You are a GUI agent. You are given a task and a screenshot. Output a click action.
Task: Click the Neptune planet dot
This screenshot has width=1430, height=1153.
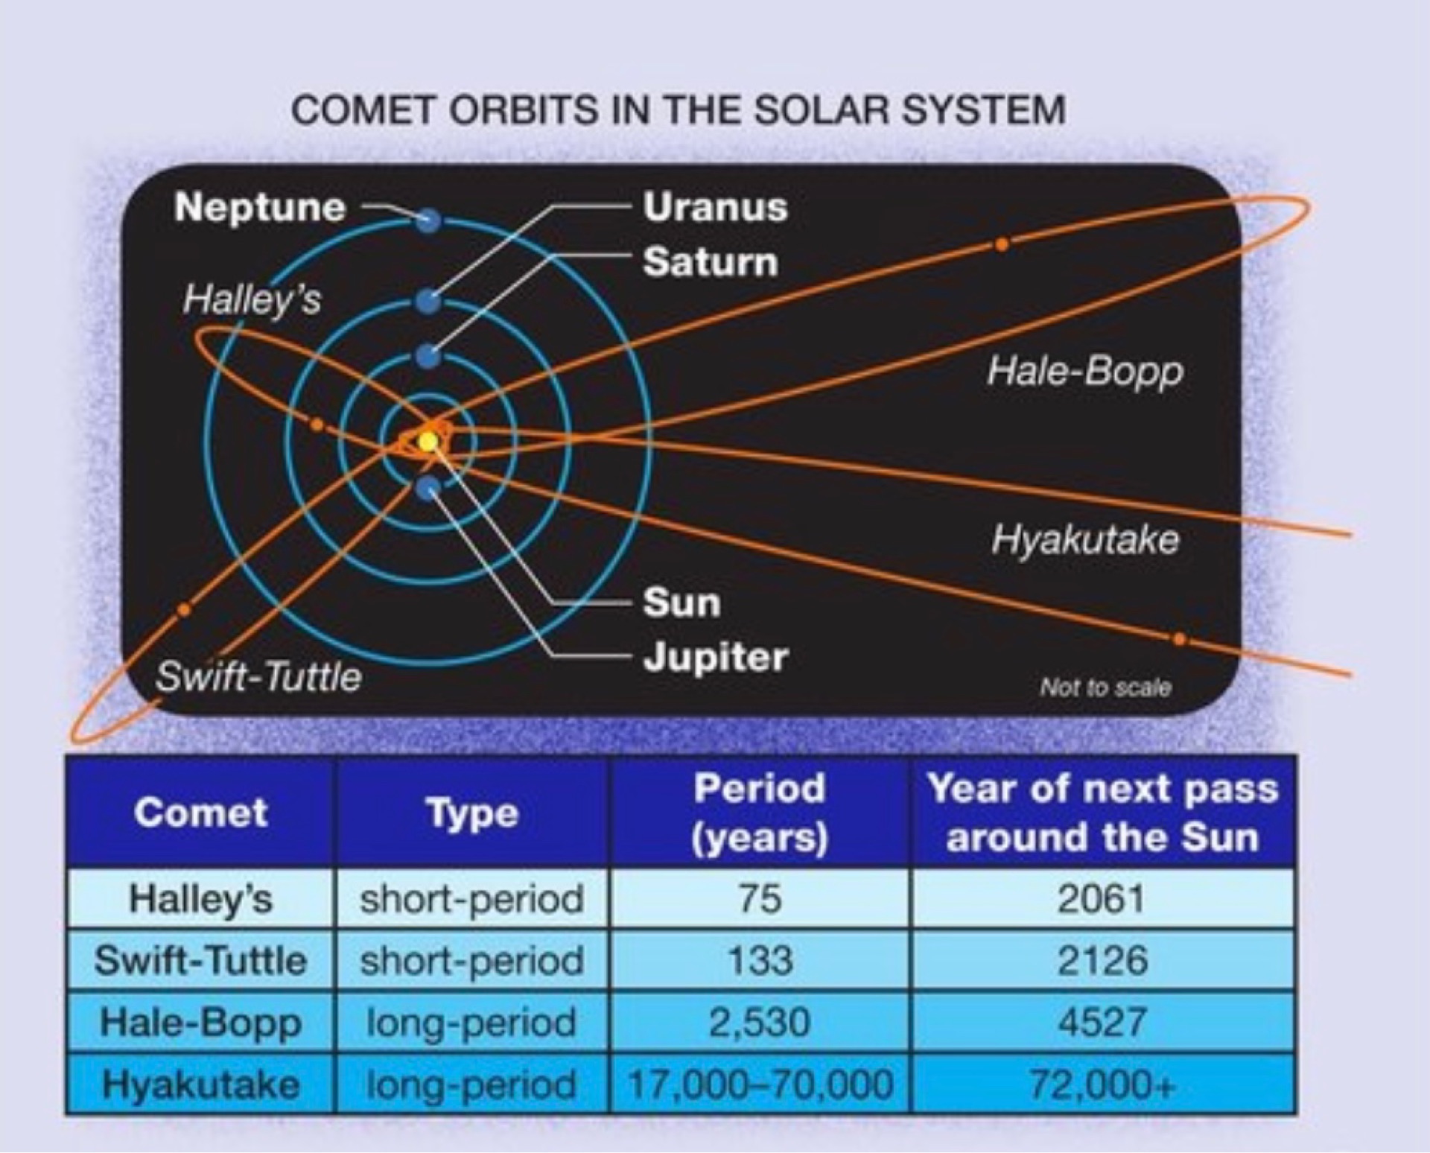point(429,220)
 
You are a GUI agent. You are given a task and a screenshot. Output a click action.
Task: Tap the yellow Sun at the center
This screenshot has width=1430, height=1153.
point(428,442)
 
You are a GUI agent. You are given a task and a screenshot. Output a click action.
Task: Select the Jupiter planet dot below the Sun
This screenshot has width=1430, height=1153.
point(428,489)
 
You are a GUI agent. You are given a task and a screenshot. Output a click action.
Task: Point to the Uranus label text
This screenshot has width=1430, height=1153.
point(715,207)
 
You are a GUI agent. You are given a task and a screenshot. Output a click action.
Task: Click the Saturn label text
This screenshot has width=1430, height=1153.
point(711,262)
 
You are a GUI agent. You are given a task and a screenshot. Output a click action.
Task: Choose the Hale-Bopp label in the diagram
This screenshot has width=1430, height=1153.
point(1085,371)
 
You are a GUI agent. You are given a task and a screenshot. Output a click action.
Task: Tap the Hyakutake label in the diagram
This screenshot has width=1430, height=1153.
point(1085,539)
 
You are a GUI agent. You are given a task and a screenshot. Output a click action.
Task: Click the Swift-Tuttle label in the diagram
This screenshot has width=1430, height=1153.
point(258,677)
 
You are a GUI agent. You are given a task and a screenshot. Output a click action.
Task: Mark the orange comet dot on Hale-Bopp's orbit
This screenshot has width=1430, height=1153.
point(1002,244)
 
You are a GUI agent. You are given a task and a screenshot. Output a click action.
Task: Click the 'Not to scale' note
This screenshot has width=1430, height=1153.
point(1105,687)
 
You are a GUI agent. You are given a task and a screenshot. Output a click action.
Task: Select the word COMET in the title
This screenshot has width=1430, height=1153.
point(363,110)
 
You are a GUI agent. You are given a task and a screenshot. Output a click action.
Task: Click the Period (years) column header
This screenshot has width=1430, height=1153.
point(759,813)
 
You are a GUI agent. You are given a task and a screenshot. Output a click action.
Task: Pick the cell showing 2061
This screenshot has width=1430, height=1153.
point(1102,898)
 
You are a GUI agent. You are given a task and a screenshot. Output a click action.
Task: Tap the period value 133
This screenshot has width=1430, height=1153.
point(760,960)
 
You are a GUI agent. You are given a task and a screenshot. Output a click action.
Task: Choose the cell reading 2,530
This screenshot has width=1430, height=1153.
point(759,1022)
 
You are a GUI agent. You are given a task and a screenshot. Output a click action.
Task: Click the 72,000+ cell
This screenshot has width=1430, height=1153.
point(1102,1084)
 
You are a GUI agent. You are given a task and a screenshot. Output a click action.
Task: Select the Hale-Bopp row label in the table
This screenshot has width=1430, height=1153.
point(200,1022)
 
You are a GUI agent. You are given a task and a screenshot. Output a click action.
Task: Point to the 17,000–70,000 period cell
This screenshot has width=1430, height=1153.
point(760,1084)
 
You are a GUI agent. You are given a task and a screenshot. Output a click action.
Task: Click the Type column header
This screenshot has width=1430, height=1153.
point(472,813)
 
